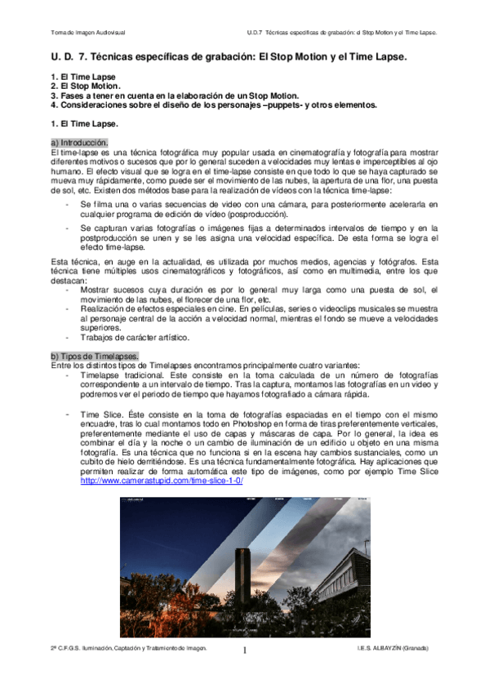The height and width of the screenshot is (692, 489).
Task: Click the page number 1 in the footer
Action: (244, 650)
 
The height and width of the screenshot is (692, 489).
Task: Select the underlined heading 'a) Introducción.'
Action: (84, 143)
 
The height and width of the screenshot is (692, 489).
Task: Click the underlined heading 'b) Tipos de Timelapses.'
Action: (94, 355)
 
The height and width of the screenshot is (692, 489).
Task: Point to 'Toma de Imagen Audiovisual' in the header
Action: (87, 33)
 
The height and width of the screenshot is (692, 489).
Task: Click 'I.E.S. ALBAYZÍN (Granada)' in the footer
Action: (393, 647)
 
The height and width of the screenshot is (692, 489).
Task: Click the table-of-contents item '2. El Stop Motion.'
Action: (85, 85)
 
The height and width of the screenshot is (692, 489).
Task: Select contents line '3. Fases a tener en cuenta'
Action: (122, 95)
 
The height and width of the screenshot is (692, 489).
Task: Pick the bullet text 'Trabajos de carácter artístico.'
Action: (131, 337)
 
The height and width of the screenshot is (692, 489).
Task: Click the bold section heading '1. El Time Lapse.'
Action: (83, 124)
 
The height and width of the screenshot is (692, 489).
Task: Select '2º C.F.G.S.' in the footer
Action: (68, 647)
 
